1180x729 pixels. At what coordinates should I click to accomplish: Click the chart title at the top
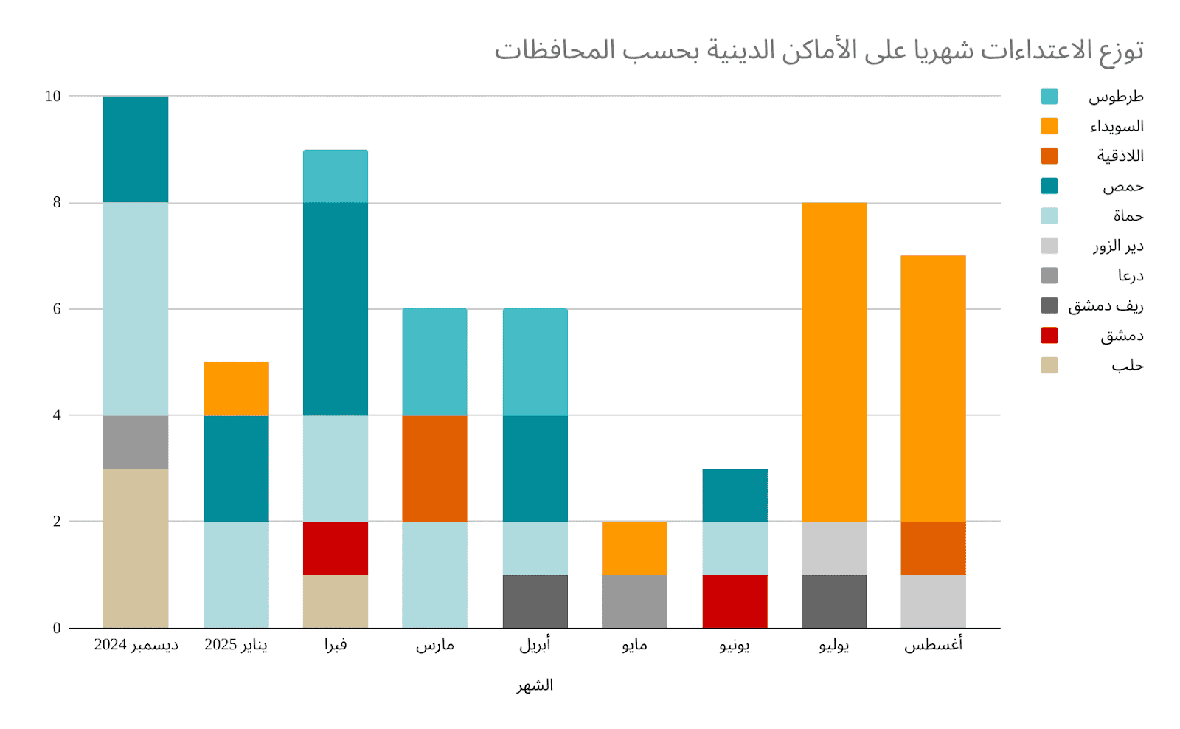(819, 50)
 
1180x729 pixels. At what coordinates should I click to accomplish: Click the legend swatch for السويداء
(1049, 126)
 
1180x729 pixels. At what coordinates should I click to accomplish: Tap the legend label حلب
(1127, 366)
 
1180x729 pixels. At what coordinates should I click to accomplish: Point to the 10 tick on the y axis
(53, 97)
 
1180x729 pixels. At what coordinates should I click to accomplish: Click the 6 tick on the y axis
(57, 309)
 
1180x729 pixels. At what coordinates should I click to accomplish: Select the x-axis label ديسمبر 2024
(136, 645)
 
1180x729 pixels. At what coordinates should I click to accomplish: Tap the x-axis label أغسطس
(933, 645)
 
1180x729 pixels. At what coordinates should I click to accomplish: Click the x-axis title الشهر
(535, 685)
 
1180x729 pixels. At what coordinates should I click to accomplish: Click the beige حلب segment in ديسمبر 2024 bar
(136, 548)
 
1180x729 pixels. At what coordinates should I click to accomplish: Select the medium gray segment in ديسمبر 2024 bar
(136, 442)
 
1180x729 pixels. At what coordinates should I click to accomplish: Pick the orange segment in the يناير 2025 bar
(236, 389)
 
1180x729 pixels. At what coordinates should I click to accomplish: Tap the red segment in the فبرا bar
(336, 548)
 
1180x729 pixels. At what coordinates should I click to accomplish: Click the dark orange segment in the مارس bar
(434, 469)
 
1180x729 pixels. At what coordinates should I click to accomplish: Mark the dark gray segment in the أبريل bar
(535, 601)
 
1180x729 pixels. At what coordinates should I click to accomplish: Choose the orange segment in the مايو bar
(634, 548)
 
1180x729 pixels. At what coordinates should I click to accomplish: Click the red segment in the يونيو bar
(735, 601)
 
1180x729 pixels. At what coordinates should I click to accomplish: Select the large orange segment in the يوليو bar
(834, 362)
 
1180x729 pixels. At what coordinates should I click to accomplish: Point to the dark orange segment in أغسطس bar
(933, 548)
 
